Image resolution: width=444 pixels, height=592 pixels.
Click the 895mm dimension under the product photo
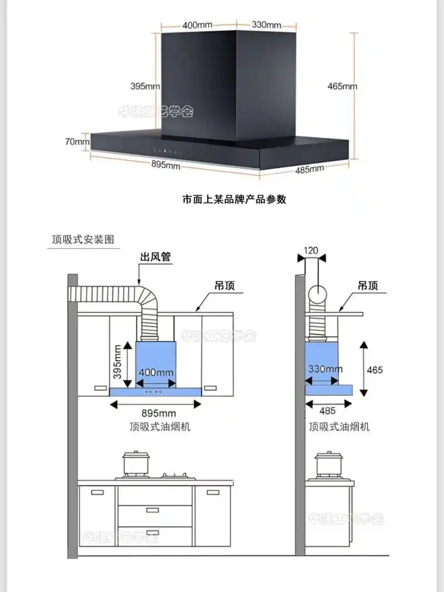pyautogui.click(x=166, y=165)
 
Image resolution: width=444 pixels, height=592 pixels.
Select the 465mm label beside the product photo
pyautogui.click(x=342, y=86)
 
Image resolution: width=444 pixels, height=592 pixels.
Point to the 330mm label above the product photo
pyautogui.click(x=266, y=25)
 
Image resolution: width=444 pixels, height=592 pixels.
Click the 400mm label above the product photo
pyautogui.click(x=197, y=25)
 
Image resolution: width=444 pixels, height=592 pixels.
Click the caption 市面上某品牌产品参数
pyautogui.click(x=234, y=200)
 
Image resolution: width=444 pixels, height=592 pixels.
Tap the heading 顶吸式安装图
pyautogui.click(x=83, y=240)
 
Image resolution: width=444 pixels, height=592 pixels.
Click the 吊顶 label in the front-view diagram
pyautogui.click(x=224, y=286)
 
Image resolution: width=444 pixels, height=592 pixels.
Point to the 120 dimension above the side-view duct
pyautogui.click(x=311, y=250)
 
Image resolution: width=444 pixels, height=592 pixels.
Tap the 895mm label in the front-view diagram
pyautogui.click(x=159, y=413)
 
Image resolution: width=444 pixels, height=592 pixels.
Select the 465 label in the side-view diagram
pyautogui.click(x=375, y=370)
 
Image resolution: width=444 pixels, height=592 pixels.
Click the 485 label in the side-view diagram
pyautogui.click(x=328, y=411)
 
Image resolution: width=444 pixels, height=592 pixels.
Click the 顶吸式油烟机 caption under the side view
pyautogui.click(x=339, y=427)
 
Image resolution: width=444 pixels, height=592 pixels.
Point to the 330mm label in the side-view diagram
pyautogui.click(x=325, y=369)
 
